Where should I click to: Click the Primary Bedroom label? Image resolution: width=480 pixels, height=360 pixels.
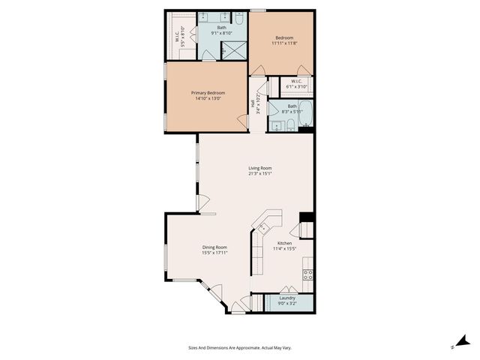point(206,92)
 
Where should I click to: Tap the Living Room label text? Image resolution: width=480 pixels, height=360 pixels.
point(260,167)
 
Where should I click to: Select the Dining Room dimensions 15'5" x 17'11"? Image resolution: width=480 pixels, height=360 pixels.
point(214,253)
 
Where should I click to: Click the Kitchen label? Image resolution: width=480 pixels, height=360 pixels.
point(284,243)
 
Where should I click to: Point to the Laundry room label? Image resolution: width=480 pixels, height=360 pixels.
point(286,298)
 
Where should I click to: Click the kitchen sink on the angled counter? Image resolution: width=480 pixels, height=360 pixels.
point(263,226)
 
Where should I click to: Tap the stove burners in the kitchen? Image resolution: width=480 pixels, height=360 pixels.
point(307,274)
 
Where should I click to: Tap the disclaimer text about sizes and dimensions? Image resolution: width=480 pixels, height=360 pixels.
point(239,347)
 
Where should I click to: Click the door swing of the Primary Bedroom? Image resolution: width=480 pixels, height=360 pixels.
point(242,119)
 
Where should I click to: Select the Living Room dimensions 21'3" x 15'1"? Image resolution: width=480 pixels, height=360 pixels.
point(260,174)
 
